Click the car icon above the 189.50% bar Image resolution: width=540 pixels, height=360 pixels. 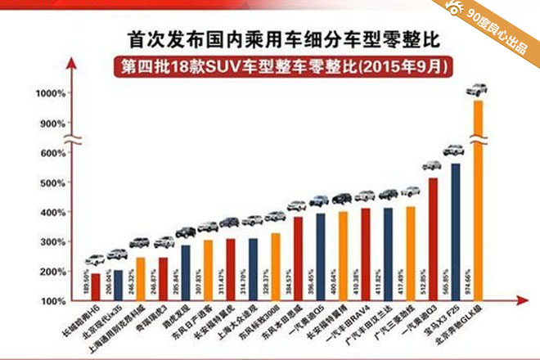tap(95, 260)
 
